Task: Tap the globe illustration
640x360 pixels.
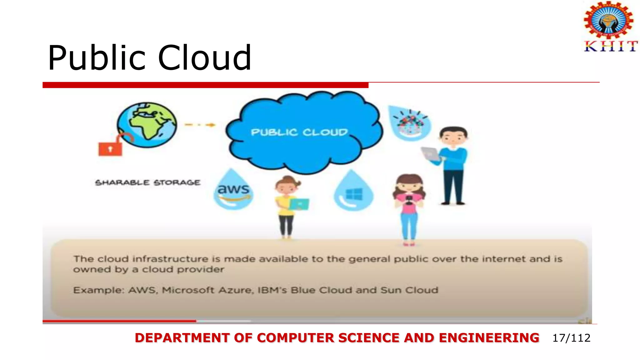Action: coord(147,124)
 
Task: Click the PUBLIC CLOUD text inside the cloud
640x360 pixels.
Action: coord(299,132)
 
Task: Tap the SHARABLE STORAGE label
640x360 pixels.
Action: coord(147,182)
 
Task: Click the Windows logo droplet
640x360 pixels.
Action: coord(353,192)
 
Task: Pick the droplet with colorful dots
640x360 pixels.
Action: coord(410,123)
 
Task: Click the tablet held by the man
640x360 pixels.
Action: coord(430,154)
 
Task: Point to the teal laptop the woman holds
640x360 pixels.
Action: coord(299,204)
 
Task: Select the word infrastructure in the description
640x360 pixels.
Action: coord(170,259)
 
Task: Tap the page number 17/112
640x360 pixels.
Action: coord(571,338)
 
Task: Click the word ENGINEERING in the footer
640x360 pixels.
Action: coord(489,338)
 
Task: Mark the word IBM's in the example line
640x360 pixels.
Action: coord(272,290)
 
